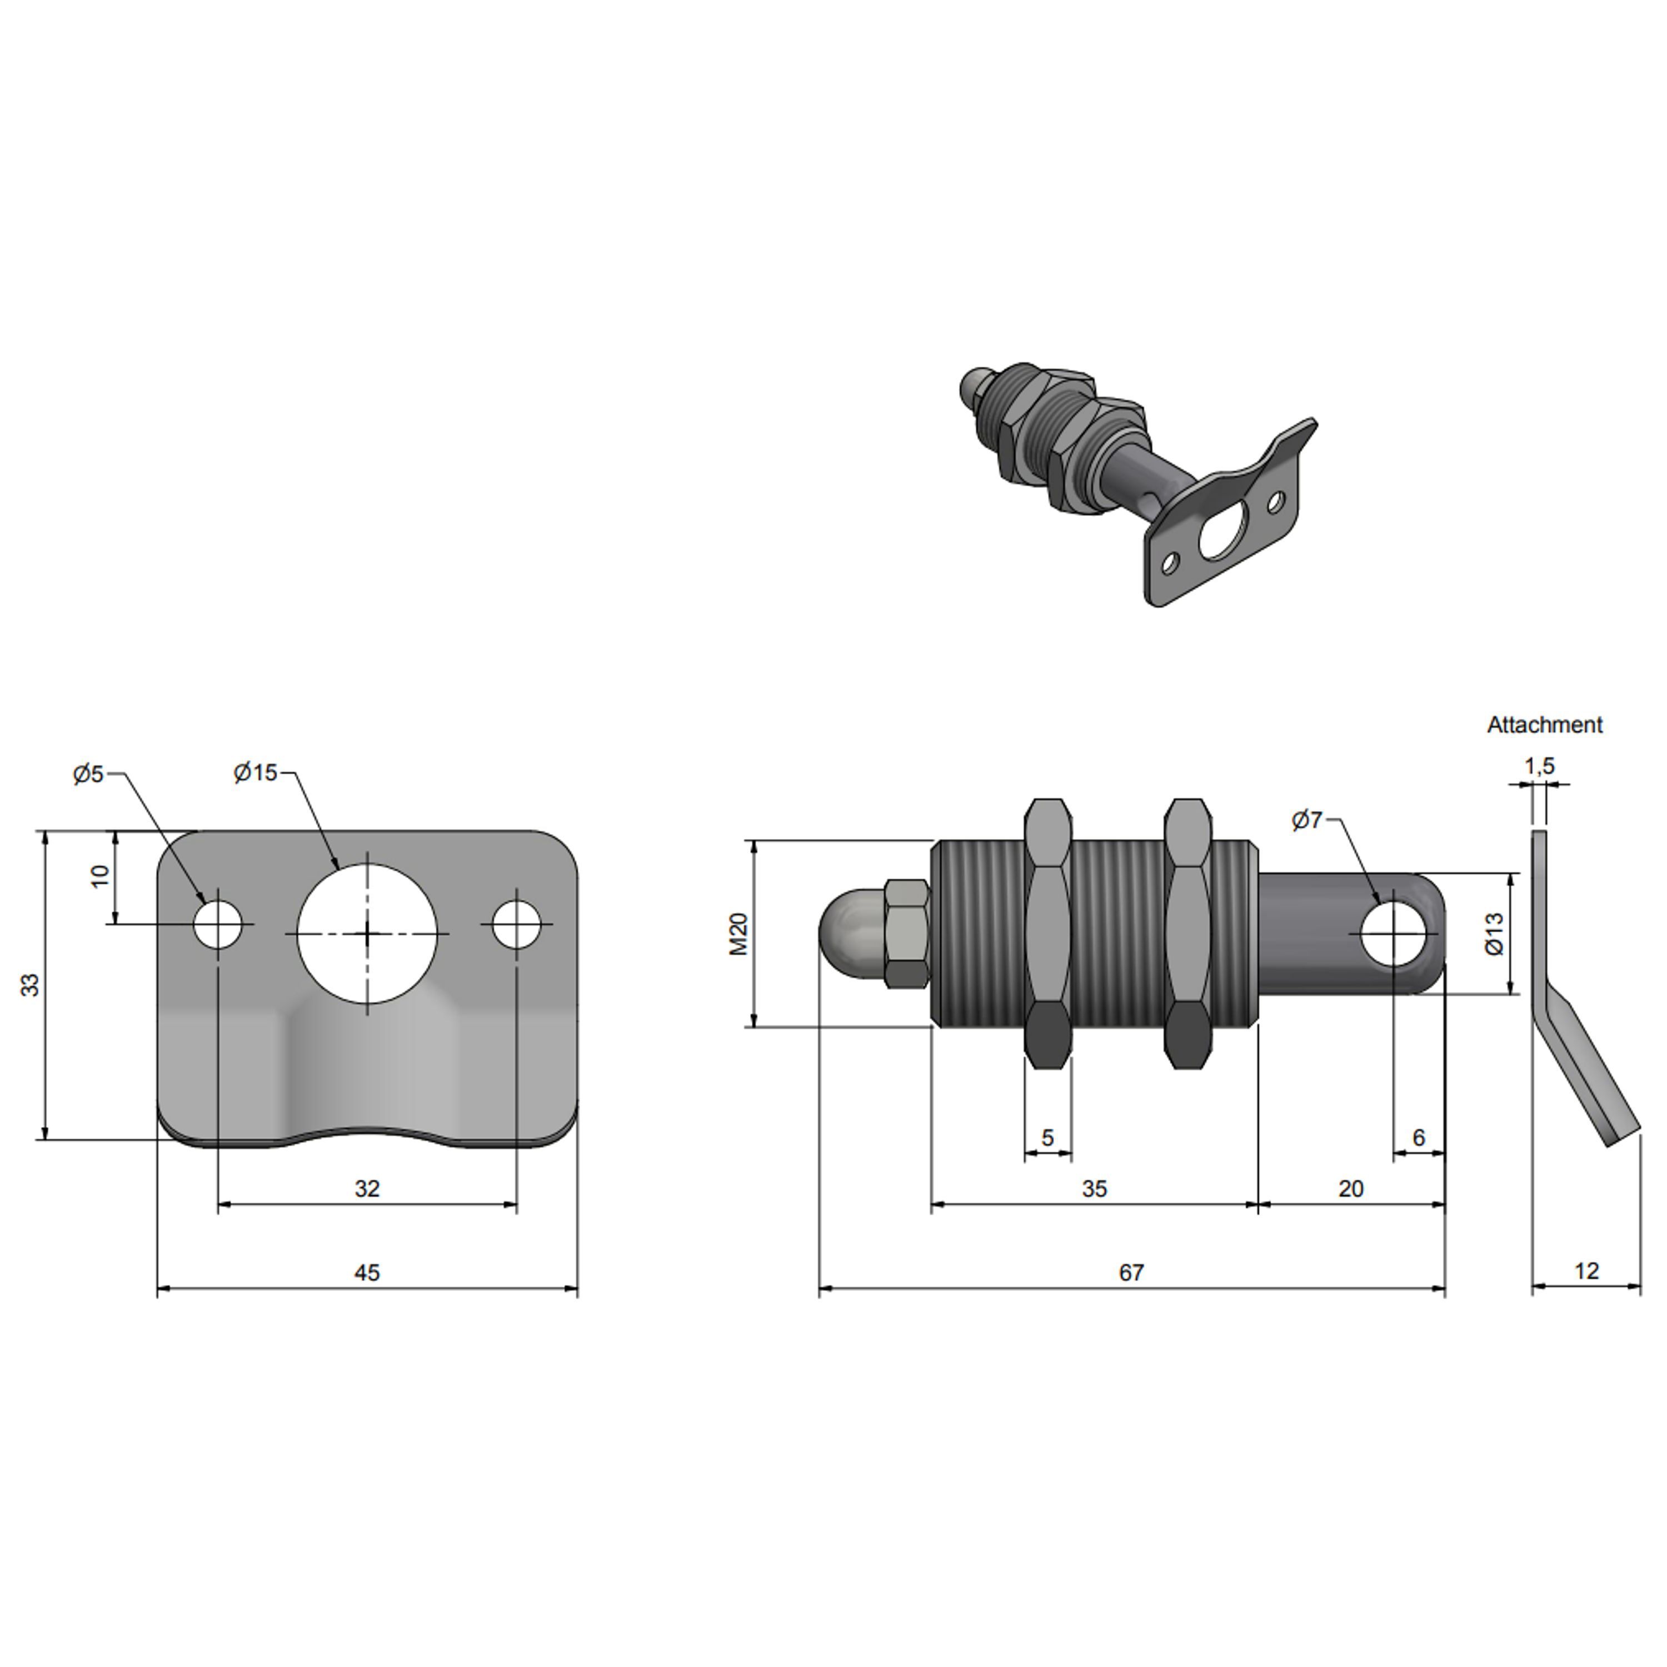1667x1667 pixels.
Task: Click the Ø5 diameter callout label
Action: [x=88, y=774]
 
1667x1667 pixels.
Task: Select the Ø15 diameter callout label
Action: [x=256, y=772]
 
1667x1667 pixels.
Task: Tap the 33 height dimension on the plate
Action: [x=30, y=985]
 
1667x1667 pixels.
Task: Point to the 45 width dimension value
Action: [x=367, y=1272]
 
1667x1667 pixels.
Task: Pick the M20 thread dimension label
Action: [x=738, y=934]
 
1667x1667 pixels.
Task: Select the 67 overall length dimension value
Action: [x=1131, y=1272]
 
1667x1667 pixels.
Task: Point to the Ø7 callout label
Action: [x=1306, y=820]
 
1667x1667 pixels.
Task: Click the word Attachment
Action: [x=1545, y=725]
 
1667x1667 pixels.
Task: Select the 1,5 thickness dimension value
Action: [x=1539, y=765]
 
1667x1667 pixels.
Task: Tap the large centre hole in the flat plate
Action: [x=367, y=934]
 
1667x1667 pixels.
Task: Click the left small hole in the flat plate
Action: [x=218, y=924]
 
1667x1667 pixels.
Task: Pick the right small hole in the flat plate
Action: [x=517, y=924]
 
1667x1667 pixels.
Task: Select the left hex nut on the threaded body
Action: [x=1047, y=934]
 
